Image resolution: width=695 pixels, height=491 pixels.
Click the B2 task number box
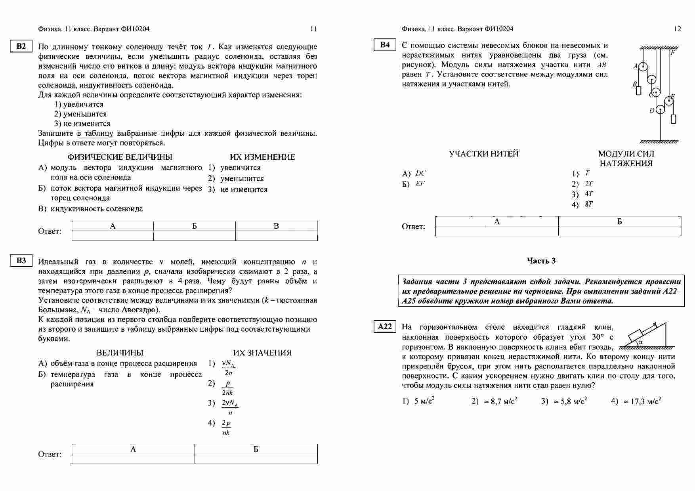21,46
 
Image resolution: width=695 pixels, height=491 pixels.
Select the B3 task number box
21,260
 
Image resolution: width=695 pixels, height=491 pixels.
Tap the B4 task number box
385,45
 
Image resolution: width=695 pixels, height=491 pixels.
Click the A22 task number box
385,327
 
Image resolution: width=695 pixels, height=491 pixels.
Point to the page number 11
313,29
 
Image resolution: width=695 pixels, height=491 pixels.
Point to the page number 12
677,29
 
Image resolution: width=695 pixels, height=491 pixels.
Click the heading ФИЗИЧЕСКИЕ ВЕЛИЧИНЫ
120,157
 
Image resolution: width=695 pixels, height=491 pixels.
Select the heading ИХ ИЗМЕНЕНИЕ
262,157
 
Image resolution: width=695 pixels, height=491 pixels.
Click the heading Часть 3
541,261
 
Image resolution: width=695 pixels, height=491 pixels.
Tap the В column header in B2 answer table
276,226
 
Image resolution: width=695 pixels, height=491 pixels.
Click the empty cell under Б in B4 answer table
620,231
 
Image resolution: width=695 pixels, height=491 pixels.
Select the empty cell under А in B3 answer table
133,459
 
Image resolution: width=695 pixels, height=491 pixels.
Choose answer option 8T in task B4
589,204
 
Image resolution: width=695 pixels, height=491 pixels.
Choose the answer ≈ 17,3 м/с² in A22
642,401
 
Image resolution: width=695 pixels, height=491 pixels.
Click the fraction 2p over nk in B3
226,428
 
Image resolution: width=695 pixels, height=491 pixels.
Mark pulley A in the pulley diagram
643,66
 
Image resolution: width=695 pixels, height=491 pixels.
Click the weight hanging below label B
639,90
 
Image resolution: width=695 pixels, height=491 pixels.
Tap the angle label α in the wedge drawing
641,342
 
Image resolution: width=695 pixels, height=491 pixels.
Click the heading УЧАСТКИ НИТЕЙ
484,154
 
